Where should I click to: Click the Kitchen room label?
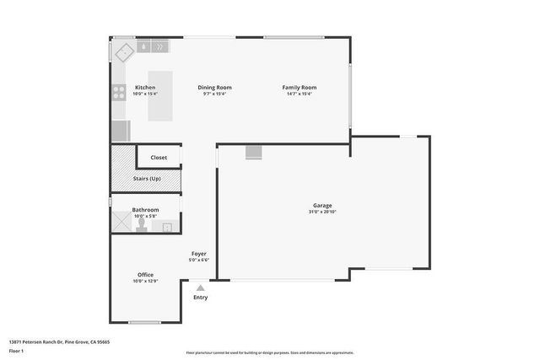[145, 88]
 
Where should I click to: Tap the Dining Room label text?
[215, 88]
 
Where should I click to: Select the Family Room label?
[299, 88]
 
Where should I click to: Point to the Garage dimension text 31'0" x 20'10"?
[322, 212]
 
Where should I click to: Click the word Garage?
[322, 206]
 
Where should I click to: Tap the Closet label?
[159, 158]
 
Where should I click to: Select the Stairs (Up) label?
[147, 179]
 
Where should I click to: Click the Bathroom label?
[145, 210]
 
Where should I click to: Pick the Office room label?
[145, 275]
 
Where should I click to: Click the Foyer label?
[199, 254]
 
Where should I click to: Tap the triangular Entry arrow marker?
[200, 287]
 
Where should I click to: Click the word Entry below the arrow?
[200, 298]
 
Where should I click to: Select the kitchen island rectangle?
[160, 95]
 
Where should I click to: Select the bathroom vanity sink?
[168, 226]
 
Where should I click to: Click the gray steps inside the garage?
[254, 152]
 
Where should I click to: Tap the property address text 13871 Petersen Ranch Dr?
[59, 341]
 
